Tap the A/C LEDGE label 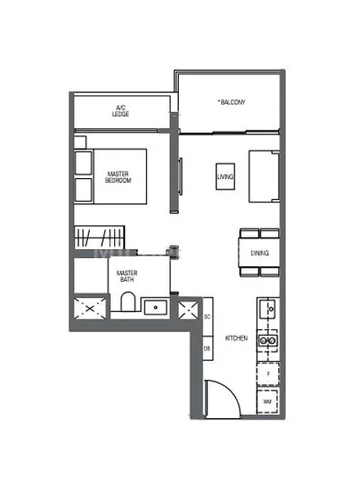click(x=122, y=111)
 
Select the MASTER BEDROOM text click(x=119, y=176)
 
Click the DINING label click(x=260, y=253)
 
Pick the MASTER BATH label click(x=126, y=276)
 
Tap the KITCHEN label click(x=237, y=337)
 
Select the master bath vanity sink click(x=155, y=308)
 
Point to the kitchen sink click(x=267, y=310)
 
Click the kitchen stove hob click(x=267, y=341)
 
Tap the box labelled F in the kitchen click(x=268, y=373)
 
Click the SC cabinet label click(x=208, y=317)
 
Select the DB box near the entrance click(x=208, y=349)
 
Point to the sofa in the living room click(x=264, y=176)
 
